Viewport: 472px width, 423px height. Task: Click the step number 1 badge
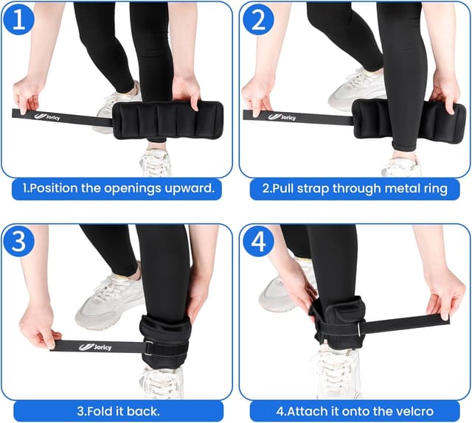coord(18,19)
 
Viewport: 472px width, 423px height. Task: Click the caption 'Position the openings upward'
coord(122,188)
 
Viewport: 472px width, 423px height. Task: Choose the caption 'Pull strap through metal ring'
coord(355,188)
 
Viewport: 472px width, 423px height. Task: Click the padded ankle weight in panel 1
coord(167,119)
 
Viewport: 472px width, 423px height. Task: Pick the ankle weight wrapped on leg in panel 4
coord(336,321)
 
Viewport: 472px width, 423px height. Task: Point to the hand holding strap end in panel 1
coord(28,94)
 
